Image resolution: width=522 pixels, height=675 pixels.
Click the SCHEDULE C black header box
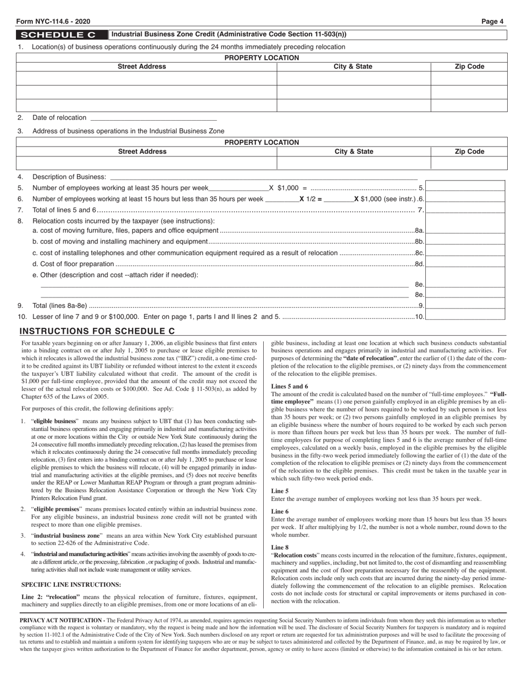(x=62, y=35)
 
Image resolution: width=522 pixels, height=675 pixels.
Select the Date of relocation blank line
(x=153, y=117)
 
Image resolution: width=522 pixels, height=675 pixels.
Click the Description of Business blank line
(x=264, y=177)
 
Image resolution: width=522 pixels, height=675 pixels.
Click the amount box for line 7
(x=465, y=210)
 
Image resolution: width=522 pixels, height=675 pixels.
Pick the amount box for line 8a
(x=465, y=230)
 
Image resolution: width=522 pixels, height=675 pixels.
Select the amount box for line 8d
(x=465, y=264)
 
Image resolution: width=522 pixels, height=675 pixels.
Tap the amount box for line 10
(x=465, y=317)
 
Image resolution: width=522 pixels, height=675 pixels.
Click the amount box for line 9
(x=465, y=305)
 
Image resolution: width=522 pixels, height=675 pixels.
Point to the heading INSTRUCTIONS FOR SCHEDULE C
(x=97, y=331)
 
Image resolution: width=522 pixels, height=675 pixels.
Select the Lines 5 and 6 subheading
(x=290, y=386)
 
